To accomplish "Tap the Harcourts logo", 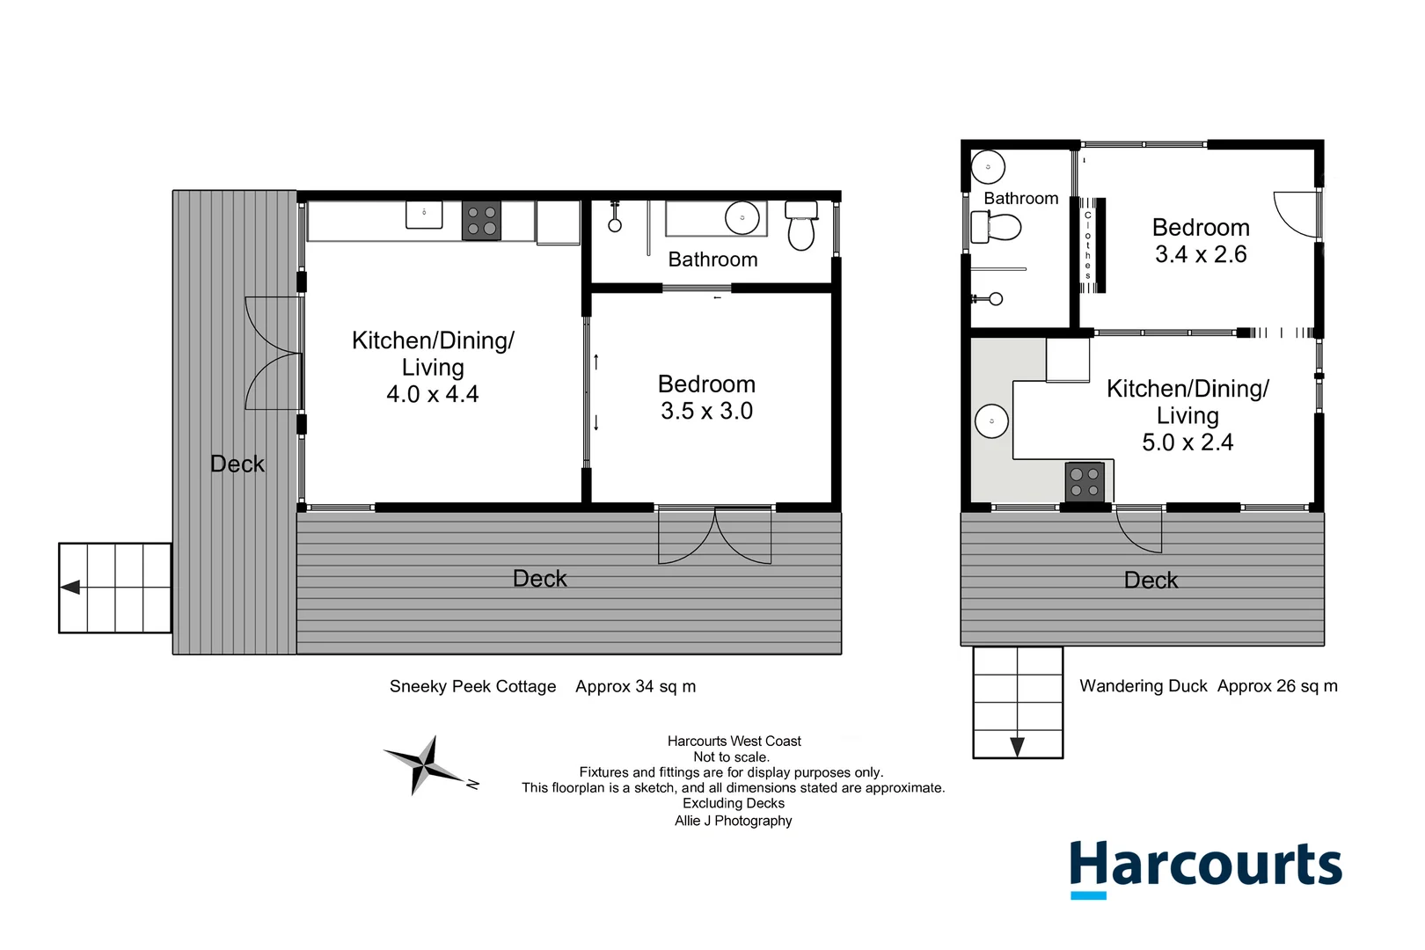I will click(1205, 866).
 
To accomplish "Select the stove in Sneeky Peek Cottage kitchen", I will click(481, 221).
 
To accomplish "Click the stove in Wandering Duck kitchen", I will click(1085, 481).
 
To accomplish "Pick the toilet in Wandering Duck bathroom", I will click(997, 227).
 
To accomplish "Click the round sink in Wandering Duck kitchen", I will click(991, 421).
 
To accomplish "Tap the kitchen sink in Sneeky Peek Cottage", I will click(424, 214).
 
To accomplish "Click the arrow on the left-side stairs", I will click(70, 587).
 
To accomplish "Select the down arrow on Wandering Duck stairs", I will click(1018, 747).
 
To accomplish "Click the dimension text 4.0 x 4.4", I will click(432, 394).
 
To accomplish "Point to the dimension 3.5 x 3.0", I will click(706, 411).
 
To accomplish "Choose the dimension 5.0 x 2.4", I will click(1187, 442).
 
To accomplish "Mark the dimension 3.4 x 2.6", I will click(1201, 254).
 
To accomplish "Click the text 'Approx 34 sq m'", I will click(635, 686).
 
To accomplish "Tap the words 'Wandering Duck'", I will click(1144, 686).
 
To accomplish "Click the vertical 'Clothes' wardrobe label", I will click(1088, 245).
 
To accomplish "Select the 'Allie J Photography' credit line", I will click(733, 821).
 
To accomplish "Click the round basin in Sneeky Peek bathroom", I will click(742, 217).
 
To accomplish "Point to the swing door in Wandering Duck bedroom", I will click(1297, 215).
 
